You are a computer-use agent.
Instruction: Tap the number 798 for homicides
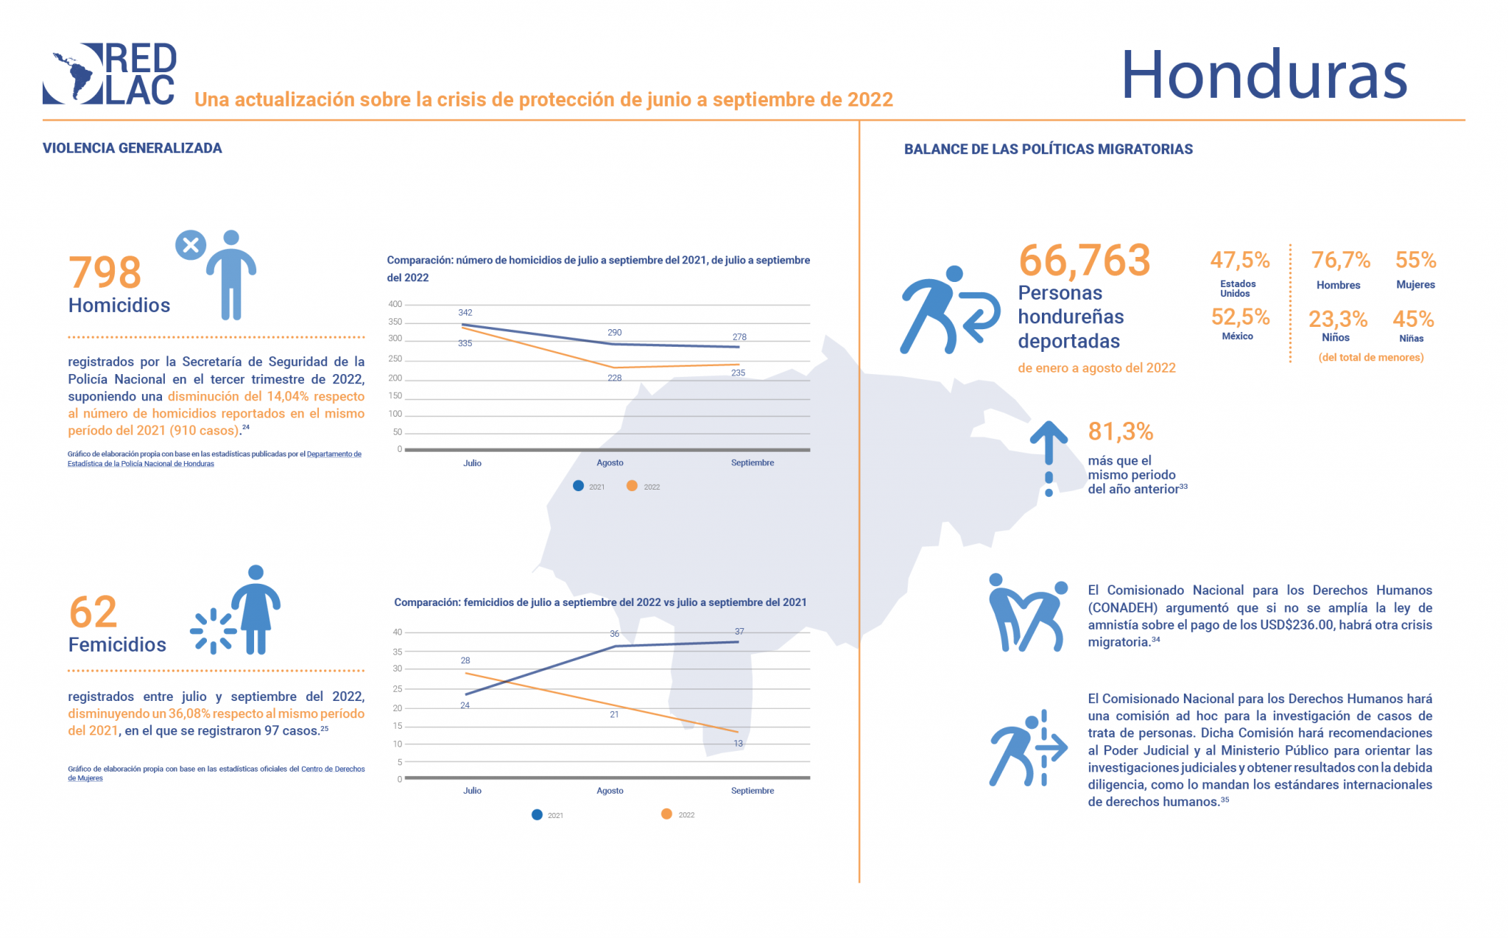tap(105, 272)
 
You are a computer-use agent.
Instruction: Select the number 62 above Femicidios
tap(93, 612)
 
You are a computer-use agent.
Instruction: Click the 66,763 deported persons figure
tap(1084, 261)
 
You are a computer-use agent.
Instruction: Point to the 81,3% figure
tap(1120, 431)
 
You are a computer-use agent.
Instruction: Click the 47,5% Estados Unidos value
tap(1240, 260)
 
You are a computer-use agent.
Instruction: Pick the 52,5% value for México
tap(1240, 317)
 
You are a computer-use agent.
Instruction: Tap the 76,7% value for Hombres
tap(1340, 260)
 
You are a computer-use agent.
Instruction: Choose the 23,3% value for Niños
tap(1337, 319)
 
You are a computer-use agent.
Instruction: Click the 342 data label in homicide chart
tap(465, 313)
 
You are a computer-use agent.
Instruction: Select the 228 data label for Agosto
tap(615, 378)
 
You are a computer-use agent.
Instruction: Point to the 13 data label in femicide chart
tap(739, 744)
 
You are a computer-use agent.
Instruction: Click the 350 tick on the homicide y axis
tap(395, 322)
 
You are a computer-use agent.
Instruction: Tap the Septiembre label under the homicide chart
tap(753, 463)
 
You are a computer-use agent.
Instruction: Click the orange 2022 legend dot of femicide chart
tap(666, 814)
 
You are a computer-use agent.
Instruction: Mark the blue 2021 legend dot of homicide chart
tap(579, 486)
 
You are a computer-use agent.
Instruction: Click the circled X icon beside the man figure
tap(190, 245)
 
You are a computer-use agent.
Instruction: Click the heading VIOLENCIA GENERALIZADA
tap(133, 148)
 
